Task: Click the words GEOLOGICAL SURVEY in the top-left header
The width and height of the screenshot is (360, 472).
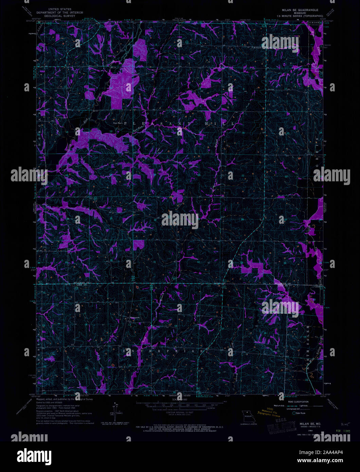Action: [57, 15]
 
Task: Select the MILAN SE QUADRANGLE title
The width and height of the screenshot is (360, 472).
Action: [298, 10]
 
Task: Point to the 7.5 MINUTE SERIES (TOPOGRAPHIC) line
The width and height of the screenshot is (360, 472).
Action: [298, 16]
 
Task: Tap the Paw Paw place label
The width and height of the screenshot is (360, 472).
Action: [118, 123]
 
